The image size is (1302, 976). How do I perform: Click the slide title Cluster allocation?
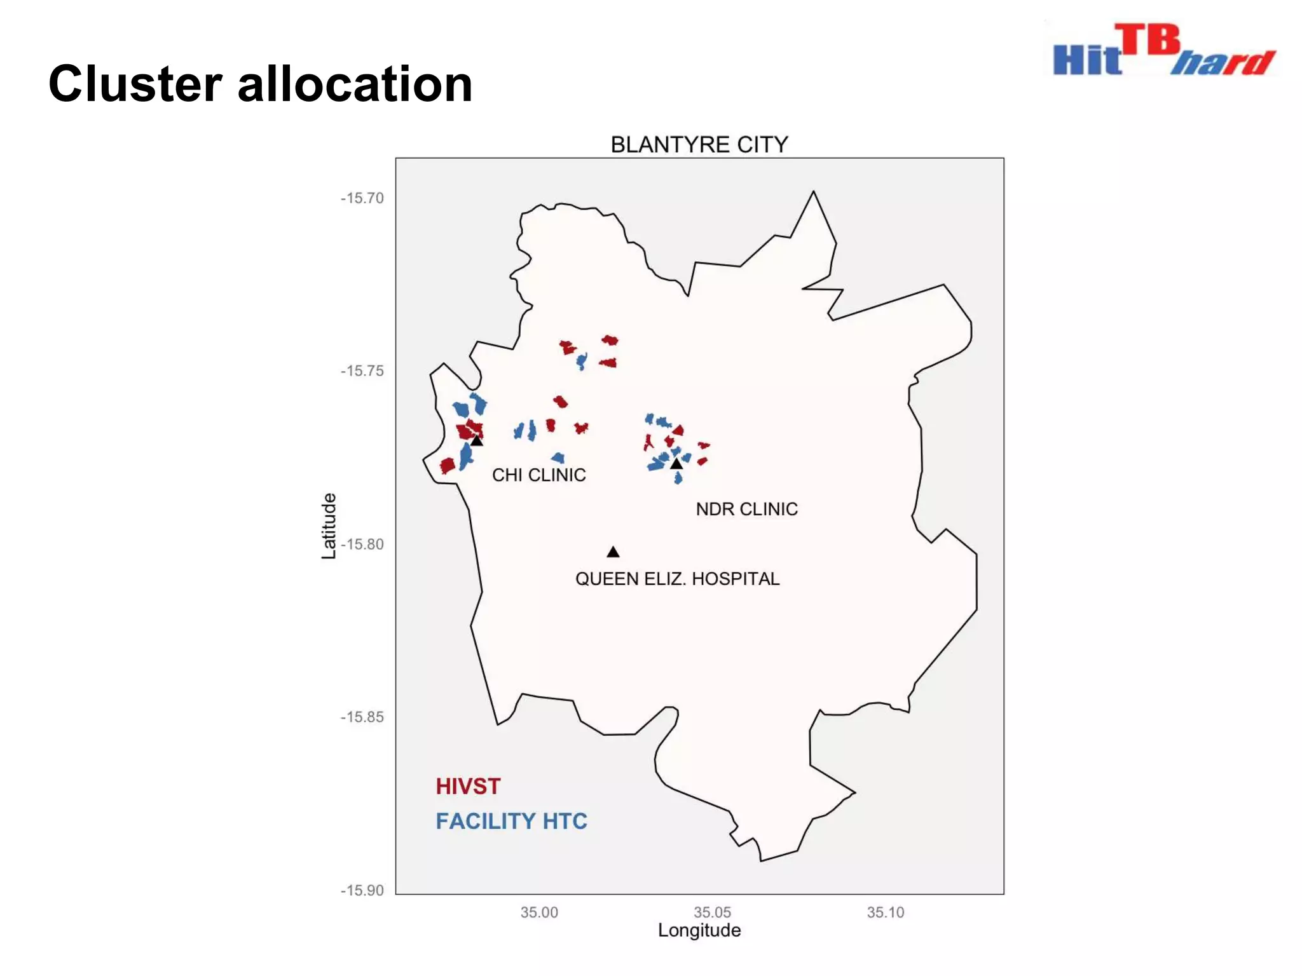[261, 84]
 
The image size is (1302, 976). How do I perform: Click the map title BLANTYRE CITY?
[699, 145]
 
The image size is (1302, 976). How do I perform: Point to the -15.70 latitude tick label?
[362, 198]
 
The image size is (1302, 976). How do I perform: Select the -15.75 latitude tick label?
[362, 371]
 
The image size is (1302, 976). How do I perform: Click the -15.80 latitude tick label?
[362, 545]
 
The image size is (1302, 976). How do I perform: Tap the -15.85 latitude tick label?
[362, 717]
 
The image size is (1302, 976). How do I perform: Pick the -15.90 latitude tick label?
[362, 890]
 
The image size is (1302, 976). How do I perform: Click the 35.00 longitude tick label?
[539, 912]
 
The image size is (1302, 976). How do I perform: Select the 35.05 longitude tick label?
[712, 912]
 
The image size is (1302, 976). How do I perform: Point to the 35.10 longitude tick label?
[885, 912]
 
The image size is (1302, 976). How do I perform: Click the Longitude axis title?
[699, 930]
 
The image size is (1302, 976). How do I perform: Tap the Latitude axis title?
[328, 526]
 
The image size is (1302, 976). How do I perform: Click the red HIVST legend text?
[468, 787]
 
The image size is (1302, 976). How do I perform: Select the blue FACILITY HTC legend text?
[511, 821]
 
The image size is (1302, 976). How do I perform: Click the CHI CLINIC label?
[538, 475]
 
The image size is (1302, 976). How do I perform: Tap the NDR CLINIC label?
[746, 509]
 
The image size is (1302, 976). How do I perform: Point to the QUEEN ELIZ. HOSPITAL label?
[677, 579]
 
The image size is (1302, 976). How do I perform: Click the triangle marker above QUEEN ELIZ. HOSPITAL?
[613, 552]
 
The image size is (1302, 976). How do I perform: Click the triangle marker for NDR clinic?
[676, 464]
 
